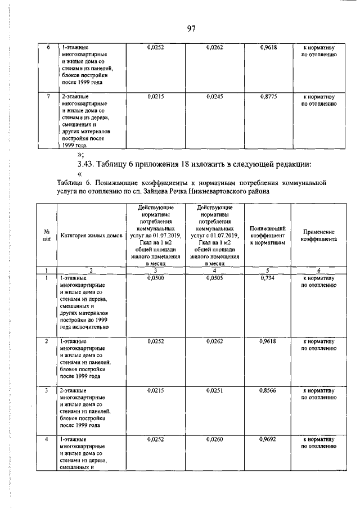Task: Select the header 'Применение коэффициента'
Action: pyautogui.click(x=318, y=235)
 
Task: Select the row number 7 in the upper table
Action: pyautogui.click(x=49, y=97)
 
